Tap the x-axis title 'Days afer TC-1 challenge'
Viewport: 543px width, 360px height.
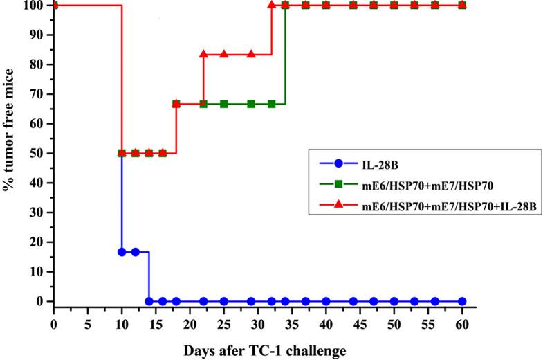[264, 351]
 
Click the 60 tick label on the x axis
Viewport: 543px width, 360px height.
[462, 324]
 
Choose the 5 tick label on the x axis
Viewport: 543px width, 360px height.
[88, 324]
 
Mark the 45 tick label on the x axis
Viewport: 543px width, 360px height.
[360, 324]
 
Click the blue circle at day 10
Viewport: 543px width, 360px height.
[122, 252]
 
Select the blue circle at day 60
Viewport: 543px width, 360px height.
[462, 302]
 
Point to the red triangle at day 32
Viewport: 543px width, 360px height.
[271, 5]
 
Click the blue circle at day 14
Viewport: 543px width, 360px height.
[149, 302]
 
